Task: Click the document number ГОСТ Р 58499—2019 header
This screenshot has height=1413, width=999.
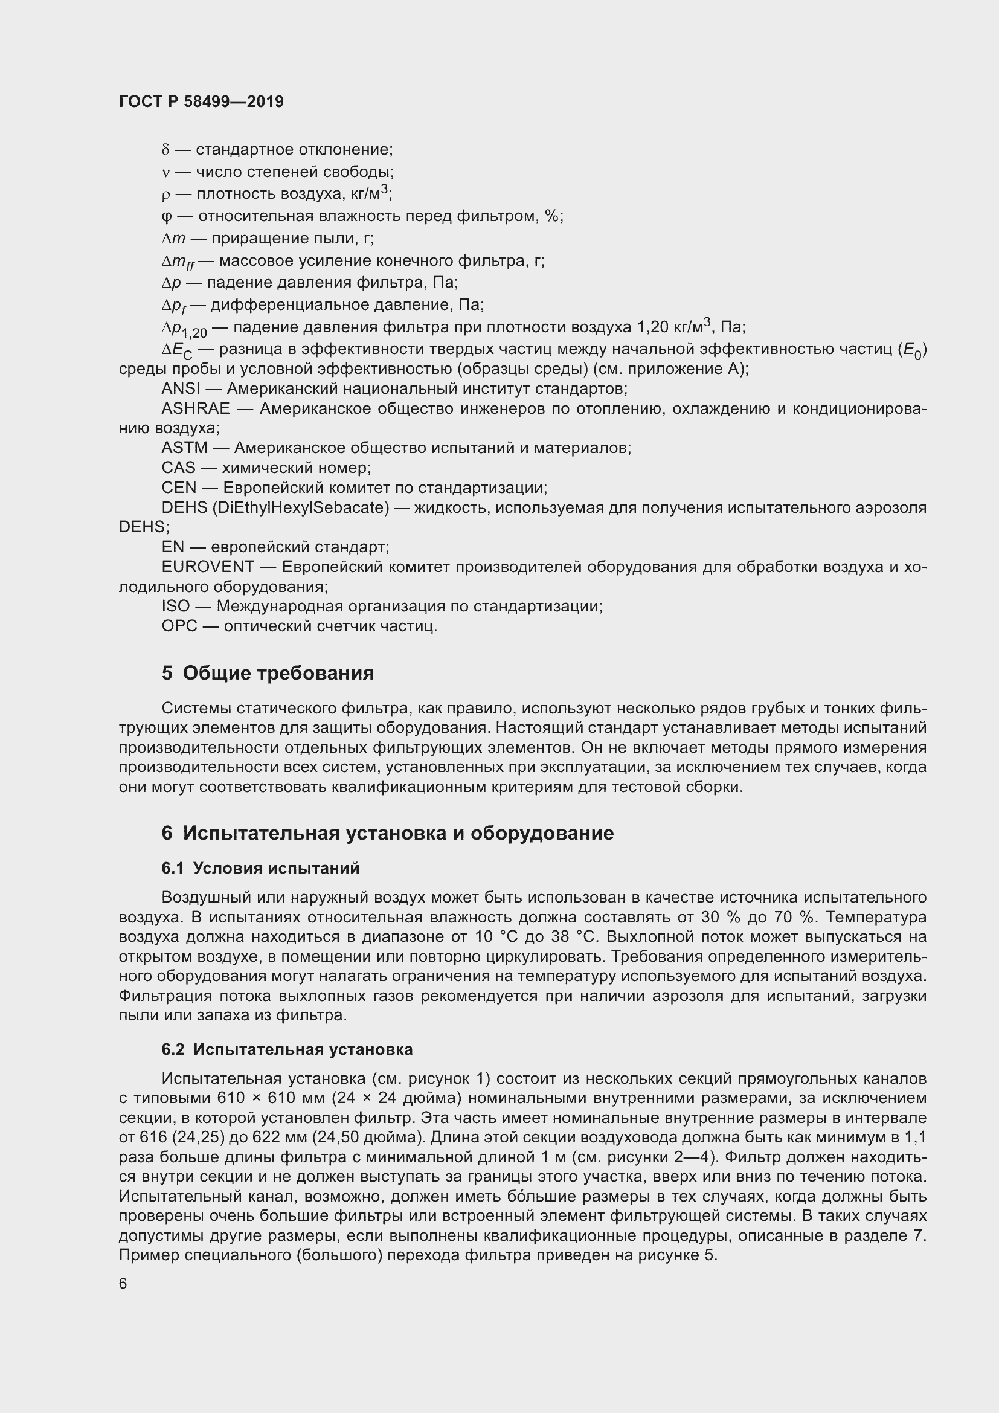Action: [201, 101]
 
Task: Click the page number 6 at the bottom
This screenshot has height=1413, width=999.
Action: [123, 1283]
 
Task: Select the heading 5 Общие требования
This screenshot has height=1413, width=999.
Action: [268, 672]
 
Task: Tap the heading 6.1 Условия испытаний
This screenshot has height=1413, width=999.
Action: [260, 867]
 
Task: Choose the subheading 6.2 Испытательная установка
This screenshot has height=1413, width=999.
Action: [287, 1049]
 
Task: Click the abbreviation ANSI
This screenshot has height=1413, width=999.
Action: [181, 389]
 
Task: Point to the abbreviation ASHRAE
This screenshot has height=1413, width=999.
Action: [196, 408]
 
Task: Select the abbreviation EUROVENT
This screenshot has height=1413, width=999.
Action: [208, 566]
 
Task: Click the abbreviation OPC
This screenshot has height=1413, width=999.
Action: [179, 626]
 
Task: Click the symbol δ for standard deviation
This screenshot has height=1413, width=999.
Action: [165, 150]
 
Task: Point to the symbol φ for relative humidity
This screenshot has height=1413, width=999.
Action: [165, 217]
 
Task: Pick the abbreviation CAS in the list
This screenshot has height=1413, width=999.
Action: [178, 468]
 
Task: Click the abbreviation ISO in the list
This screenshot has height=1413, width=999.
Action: [175, 606]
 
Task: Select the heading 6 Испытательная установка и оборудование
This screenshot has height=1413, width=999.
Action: [388, 832]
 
